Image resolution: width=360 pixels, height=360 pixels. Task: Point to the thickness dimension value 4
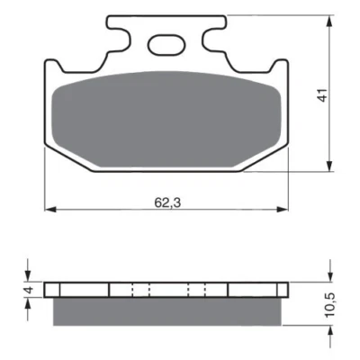(29, 292)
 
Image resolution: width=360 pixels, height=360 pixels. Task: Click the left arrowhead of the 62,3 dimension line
(49, 209)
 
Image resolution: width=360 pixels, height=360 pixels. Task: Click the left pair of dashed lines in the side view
(137, 291)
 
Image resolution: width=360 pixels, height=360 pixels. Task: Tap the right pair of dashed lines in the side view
(199, 291)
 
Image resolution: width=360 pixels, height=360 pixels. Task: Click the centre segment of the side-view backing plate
(168, 291)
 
